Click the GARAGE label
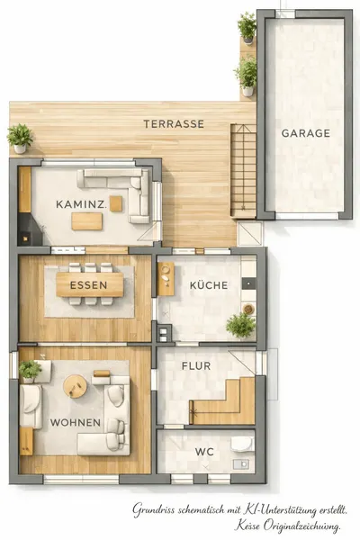(306, 133)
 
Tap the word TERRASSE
(174, 124)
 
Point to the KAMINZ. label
(81, 204)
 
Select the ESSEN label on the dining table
(88, 285)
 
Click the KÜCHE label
(209, 285)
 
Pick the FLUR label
(196, 365)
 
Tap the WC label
(204, 452)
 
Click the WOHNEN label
(76, 423)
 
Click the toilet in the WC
(242, 445)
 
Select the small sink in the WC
(241, 464)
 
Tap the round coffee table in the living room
(75, 386)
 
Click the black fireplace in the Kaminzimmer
(30, 229)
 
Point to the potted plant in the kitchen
(241, 325)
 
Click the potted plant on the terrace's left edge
(20, 139)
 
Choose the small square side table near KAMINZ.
(116, 203)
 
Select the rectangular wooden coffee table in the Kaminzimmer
(86, 221)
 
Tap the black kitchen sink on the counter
(248, 283)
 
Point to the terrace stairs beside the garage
(243, 170)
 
